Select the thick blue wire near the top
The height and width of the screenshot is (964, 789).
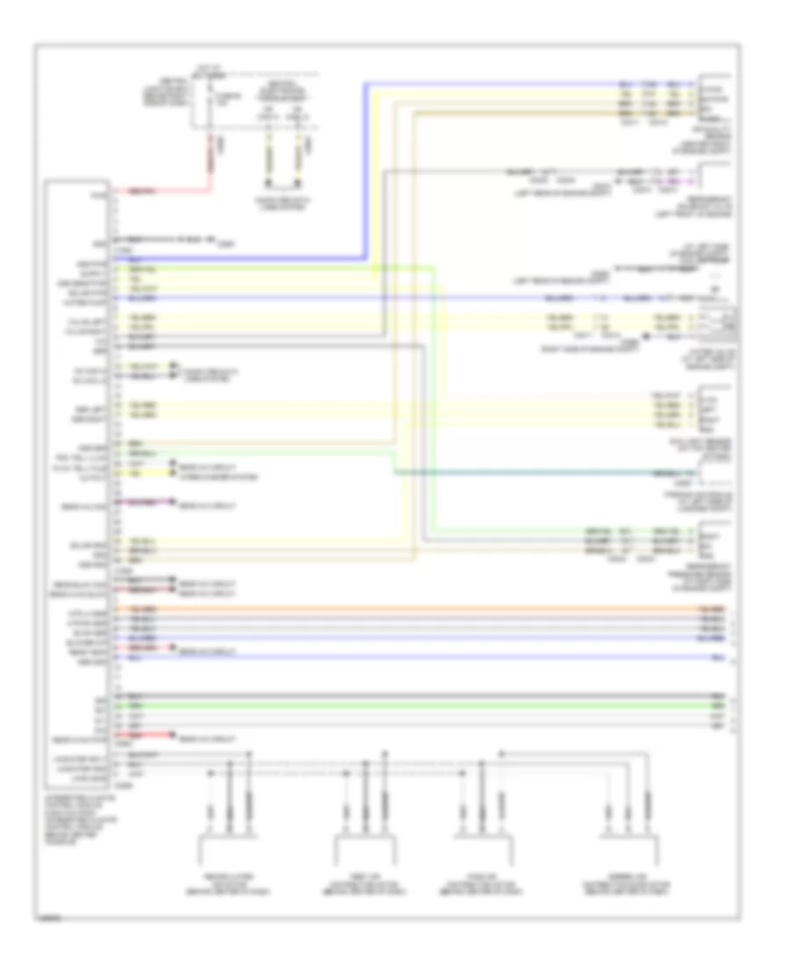[x=364, y=175]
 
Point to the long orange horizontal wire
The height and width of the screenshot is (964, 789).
[x=438, y=608]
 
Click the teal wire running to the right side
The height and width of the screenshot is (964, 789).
[x=544, y=473]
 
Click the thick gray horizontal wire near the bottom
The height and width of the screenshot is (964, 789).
[x=438, y=696]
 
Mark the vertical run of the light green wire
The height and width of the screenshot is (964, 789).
[x=433, y=394]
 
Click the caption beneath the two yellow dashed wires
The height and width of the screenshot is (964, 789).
[x=285, y=200]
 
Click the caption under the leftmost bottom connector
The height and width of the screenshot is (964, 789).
[x=227, y=877]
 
